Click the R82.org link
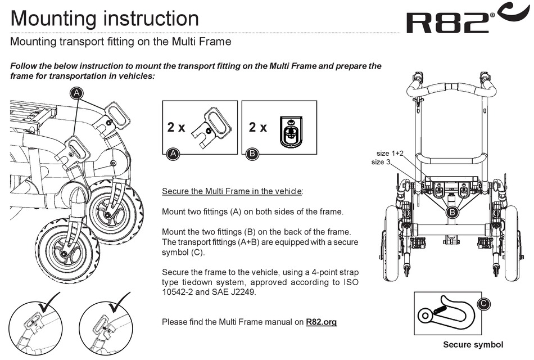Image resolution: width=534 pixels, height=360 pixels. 321,322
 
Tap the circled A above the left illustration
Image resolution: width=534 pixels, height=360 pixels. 76,93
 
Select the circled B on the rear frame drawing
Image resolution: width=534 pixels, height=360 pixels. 451,212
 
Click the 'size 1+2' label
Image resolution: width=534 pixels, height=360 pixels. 390,153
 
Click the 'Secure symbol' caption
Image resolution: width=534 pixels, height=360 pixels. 473,345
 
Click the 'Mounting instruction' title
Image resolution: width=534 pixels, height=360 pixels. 105,19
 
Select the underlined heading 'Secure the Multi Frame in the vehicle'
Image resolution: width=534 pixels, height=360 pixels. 232,191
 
